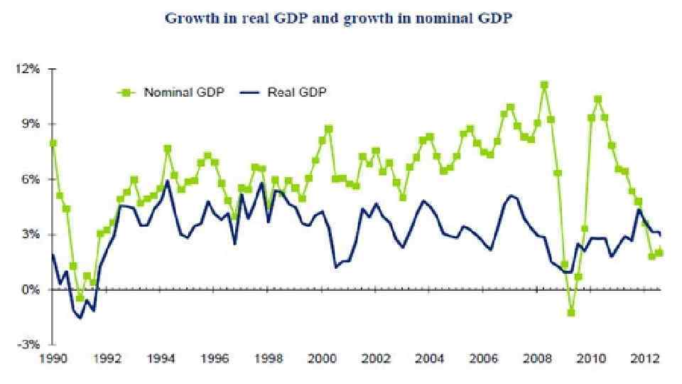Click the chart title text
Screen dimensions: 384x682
point(338,18)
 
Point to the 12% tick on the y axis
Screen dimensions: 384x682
point(31,69)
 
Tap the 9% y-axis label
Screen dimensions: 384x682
point(33,124)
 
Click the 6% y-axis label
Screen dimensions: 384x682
point(33,179)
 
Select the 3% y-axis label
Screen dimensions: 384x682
point(33,235)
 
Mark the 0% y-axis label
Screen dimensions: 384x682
point(33,290)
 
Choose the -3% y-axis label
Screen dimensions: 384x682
point(32,345)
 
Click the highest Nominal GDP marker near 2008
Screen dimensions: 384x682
point(544,85)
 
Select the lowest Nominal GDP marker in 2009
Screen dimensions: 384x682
point(570,312)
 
